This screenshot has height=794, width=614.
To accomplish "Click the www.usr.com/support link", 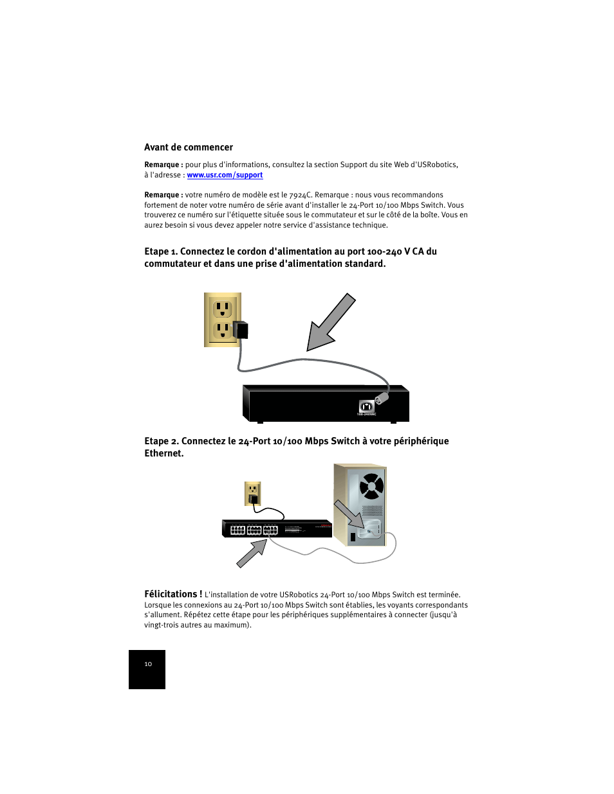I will tap(225, 175).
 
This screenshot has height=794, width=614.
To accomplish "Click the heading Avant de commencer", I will tap(189, 147).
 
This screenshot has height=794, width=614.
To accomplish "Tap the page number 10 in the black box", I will tap(148, 664).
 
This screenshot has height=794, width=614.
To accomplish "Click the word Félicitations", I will tap(172, 594).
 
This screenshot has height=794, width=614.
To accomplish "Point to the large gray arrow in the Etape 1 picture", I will tap(330, 323).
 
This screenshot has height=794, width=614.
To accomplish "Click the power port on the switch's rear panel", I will tap(366, 406).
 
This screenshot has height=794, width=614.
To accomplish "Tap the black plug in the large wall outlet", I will tap(241, 330).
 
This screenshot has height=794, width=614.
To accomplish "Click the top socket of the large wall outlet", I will tap(223, 309).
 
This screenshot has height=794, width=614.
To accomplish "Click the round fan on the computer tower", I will tap(371, 486).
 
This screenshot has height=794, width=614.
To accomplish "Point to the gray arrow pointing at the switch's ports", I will tap(252, 554).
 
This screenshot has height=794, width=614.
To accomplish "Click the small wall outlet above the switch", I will tap(253, 493).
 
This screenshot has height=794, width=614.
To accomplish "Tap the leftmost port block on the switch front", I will tap(238, 530).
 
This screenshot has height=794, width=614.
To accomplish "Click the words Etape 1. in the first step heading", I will tap(160, 251).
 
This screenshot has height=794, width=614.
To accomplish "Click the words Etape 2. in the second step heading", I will tap(161, 441).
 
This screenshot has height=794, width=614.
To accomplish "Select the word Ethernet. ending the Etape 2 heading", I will tap(164, 453).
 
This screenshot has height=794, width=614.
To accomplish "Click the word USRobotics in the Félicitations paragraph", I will tap(299, 595).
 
